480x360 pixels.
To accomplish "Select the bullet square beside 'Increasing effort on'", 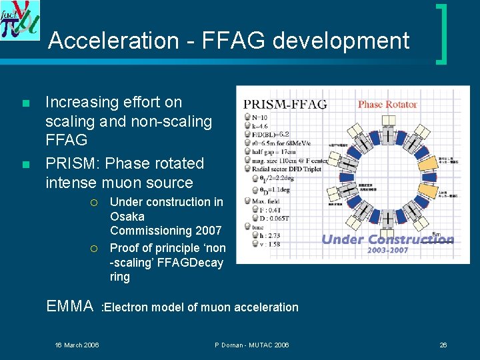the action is click(25, 104).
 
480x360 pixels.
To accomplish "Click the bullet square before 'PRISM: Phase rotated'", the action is click(25, 165).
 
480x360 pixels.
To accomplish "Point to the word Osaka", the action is click(127, 217).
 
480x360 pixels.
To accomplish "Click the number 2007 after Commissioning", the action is click(208, 231).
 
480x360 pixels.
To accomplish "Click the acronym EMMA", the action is click(70, 307).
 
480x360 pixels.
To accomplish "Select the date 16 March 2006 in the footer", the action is click(77, 345).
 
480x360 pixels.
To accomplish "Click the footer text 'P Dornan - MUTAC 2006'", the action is click(252, 345).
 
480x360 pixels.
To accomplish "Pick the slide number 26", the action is click(443, 345).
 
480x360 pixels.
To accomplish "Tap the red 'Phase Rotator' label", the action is click(387, 104).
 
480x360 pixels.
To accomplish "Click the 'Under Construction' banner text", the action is click(387, 240).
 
